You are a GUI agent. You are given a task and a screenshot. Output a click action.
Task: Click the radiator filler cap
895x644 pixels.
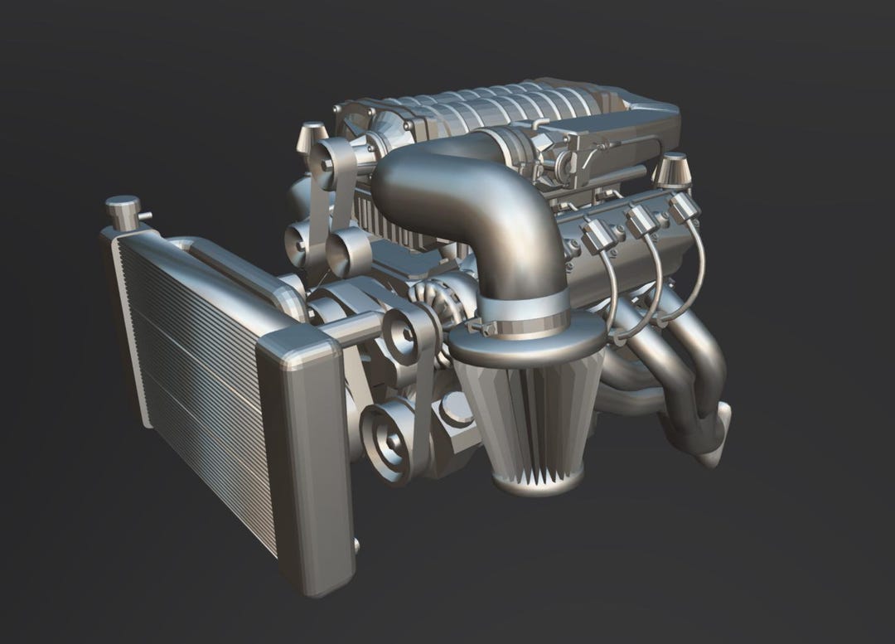[x=122, y=211]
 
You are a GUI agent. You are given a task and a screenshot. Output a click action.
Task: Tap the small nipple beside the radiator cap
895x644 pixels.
[x=145, y=217]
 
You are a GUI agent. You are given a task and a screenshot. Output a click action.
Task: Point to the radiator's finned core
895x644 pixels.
[x=199, y=390]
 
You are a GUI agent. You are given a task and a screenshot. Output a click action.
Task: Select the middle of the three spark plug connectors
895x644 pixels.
[x=640, y=220]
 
